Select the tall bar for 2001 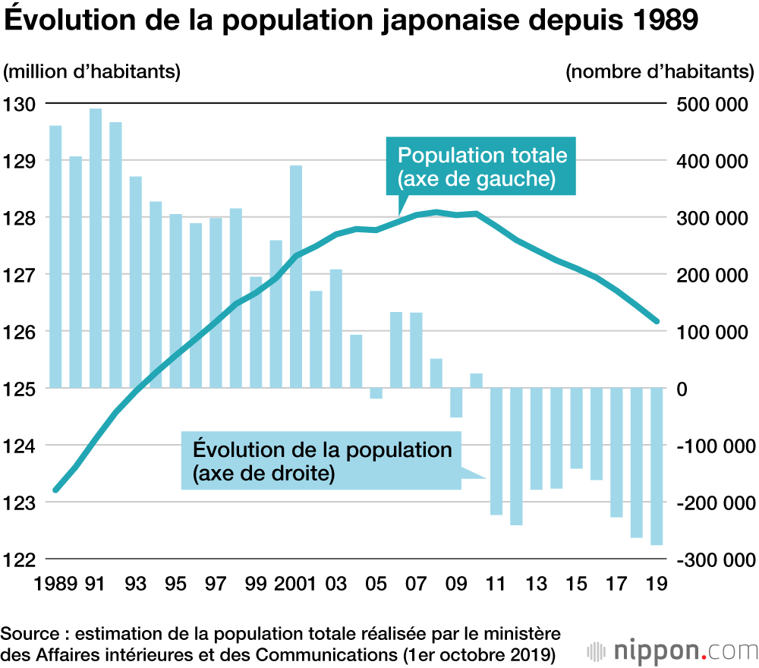tap(296, 276)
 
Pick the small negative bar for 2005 tap(376, 393)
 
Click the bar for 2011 tap(496, 451)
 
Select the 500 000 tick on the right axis tap(711, 104)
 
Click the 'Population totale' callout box tap(482, 168)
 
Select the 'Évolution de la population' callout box tap(322, 461)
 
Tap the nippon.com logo tap(672, 651)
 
